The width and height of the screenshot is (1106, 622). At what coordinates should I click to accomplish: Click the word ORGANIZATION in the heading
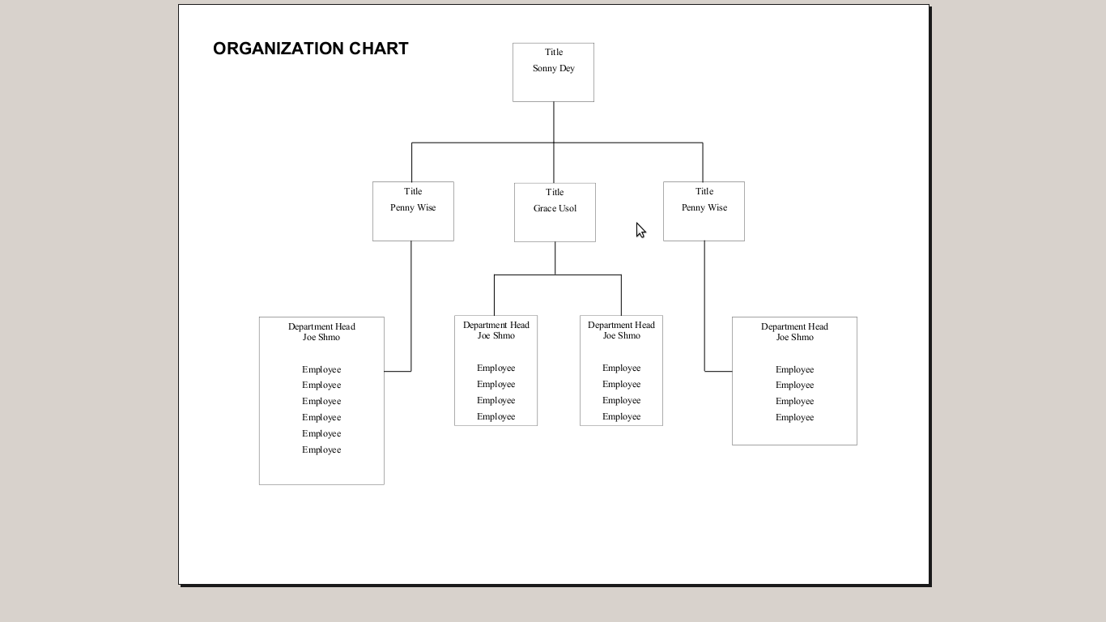click(x=278, y=49)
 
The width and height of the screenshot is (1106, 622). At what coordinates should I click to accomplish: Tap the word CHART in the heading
click(x=379, y=49)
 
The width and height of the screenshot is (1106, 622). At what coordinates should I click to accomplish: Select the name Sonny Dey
click(x=554, y=69)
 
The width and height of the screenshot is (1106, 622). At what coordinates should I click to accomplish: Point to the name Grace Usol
click(x=555, y=208)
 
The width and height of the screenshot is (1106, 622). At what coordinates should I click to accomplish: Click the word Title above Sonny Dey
click(x=554, y=52)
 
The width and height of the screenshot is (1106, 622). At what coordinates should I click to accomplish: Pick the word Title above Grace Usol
click(x=555, y=192)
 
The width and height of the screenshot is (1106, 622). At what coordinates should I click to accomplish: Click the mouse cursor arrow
click(x=640, y=230)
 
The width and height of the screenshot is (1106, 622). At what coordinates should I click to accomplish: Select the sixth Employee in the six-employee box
click(x=321, y=450)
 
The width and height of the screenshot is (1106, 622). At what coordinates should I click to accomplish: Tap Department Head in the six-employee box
click(x=321, y=326)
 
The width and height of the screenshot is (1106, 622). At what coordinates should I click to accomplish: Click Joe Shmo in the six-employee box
click(x=321, y=338)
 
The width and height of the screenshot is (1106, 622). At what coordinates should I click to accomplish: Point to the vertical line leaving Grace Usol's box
click(x=555, y=258)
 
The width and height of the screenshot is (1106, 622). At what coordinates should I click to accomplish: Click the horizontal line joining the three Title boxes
click(x=557, y=143)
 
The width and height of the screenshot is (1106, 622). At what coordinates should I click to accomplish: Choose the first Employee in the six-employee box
click(x=321, y=370)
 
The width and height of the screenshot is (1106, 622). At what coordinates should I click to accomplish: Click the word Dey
click(x=568, y=69)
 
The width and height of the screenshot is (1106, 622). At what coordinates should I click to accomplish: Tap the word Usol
click(x=568, y=208)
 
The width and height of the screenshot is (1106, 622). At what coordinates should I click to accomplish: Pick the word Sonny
click(x=545, y=69)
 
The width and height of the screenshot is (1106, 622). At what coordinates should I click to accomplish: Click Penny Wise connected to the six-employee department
click(x=413, y=208)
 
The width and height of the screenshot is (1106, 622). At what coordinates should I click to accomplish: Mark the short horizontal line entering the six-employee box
click(x=398, y=371)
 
